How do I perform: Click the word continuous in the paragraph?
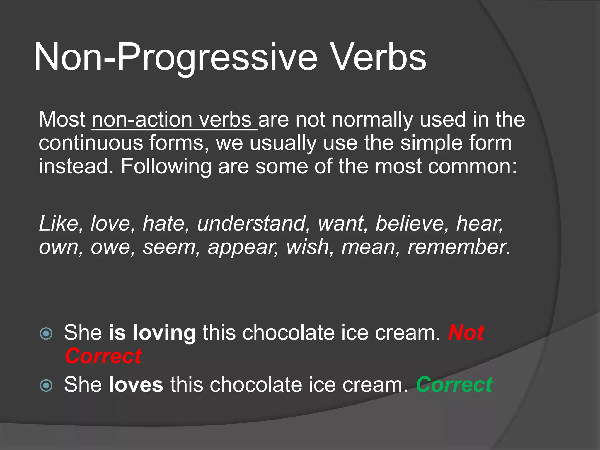[x=91, y=143]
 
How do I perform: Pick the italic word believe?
[x=410, y=224]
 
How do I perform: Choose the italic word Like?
[x=59, y=224]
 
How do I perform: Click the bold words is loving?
[x=152, y=333]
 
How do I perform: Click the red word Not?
[x=466, y=333]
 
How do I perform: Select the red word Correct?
[x=103, y=356]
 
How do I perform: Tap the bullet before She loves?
[x=46, y=385]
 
